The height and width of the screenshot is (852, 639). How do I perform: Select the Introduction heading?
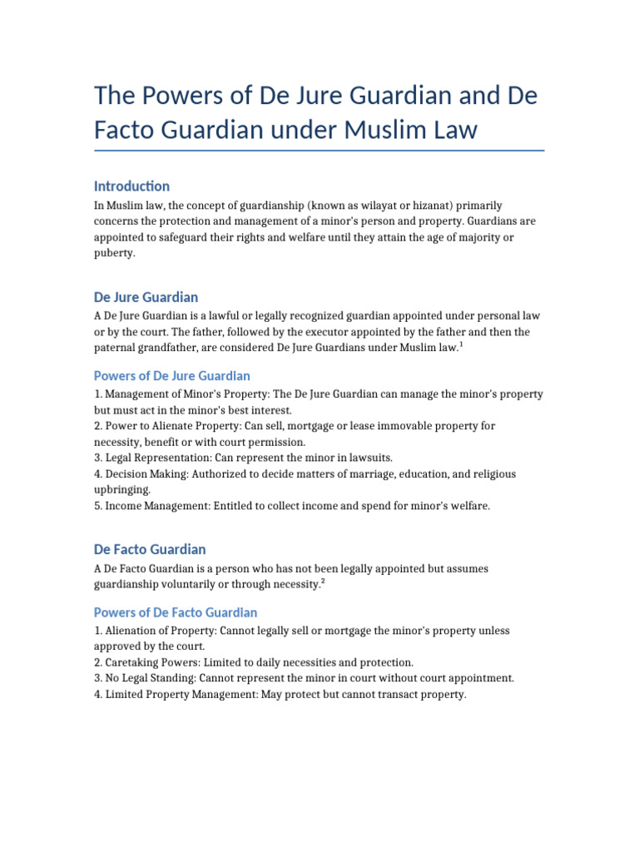click(131, 186)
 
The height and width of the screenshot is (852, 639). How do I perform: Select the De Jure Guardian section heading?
click(146, 297)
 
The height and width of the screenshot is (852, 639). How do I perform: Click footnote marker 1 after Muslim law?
click(461, 344)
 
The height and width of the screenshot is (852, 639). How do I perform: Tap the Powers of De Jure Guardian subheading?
click(171, 375)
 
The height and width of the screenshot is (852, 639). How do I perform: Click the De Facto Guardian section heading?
click(150, 549)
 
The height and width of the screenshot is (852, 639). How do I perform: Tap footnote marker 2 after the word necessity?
click(322, 582)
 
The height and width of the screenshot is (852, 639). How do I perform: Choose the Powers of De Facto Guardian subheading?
click(176, 612)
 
